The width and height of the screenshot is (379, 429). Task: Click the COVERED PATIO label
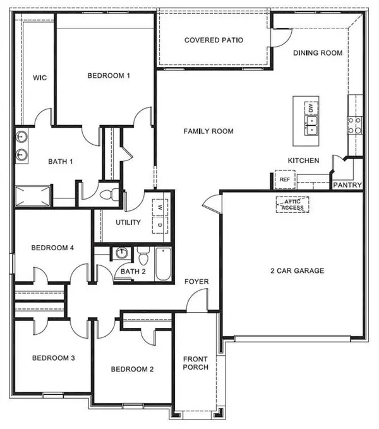pyautogui.click(x=214, y=40)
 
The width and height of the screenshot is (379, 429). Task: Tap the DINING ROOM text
pyautogui.click(x=318, y=53)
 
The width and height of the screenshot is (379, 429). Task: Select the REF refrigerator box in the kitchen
pyautogui.click(x=284, y=180)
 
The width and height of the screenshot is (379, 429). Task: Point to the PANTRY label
pyautogui.click(x=348, y=186)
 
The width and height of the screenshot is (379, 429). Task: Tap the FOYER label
pyautogui.click(x=196, y=282)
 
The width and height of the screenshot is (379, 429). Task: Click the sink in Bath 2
pyautogui.click(x=121, y=254)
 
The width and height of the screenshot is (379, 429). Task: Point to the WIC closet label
pyautogui.click(x=40, y=78)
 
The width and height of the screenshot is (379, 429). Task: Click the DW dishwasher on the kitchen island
pyautogui.click(x=311, y=109)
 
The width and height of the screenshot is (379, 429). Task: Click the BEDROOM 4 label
pyautogui.click(x=53, y=248)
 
